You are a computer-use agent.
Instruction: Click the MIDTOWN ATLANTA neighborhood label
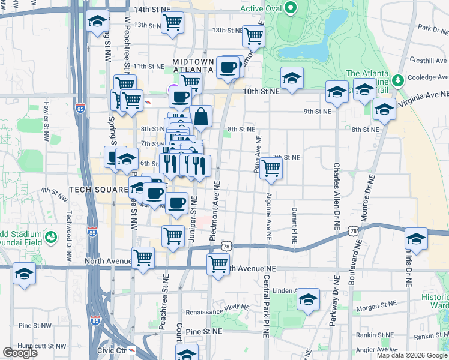[x=193, y=65]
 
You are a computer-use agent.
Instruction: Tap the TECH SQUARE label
[x=98, y=189]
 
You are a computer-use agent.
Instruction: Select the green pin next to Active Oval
[x=291, y=8]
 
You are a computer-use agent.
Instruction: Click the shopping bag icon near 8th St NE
[x=202, y=116]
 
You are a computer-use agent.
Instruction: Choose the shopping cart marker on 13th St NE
[x=253, y=35]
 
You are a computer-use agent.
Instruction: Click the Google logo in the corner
[x=20, y=353]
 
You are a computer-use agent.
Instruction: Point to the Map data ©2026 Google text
[x=411, y=355]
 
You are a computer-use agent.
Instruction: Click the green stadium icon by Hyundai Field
[x=52, y=237]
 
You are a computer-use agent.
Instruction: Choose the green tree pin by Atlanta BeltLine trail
[x=397, y=80]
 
